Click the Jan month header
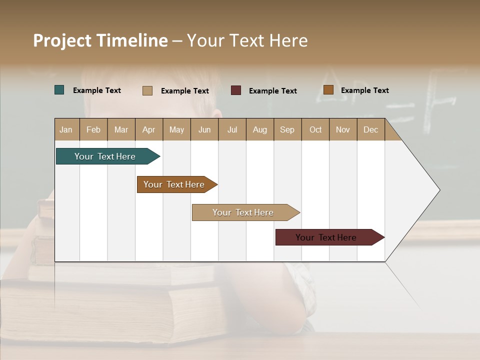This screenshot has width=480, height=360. [66, 129]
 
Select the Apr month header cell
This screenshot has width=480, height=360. [149, 129]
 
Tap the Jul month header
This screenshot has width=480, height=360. [232, 129]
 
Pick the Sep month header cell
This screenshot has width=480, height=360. [287, 129]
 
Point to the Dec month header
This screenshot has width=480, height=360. [370, 129]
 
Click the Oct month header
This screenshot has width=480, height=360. [315, 129]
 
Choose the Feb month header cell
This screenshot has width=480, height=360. [93, 129]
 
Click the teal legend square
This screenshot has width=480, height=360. [59, 90]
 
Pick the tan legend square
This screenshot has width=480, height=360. [147, 90]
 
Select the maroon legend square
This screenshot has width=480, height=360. [236, 90]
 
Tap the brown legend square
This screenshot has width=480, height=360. [328, 90]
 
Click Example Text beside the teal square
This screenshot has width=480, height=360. [97, 90]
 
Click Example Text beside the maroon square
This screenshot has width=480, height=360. [273, 91]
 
